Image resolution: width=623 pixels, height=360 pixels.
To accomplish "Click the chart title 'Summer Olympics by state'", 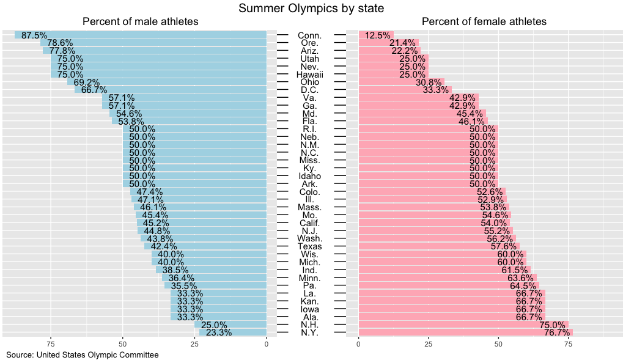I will [x=311, y=8].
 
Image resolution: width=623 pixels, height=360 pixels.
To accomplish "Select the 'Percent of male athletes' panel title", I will [x=140, y=22].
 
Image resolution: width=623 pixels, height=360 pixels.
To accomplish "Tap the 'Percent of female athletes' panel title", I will [x=484, y=22].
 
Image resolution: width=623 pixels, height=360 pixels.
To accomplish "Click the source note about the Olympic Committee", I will [x=82, y=354].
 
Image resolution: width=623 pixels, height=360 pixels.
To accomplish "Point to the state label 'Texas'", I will [x=309, y=246].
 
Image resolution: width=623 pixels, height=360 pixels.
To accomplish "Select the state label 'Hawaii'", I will [x=309, y=75].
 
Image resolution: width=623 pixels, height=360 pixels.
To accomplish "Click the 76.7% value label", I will [x=557, y=332].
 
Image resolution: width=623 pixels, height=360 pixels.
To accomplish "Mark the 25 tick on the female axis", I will [x=428, y=343].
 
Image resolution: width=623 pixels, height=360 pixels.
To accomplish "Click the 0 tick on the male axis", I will [x=267, y=343].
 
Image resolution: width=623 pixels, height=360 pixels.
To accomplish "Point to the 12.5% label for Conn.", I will [x=377, y=35].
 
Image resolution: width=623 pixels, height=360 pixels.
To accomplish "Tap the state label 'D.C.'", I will [x=309, y=90].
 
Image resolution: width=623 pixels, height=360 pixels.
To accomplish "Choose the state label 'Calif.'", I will [x=309, y=223].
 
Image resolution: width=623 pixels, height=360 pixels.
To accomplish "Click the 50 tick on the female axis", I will [x=498, y=343].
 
